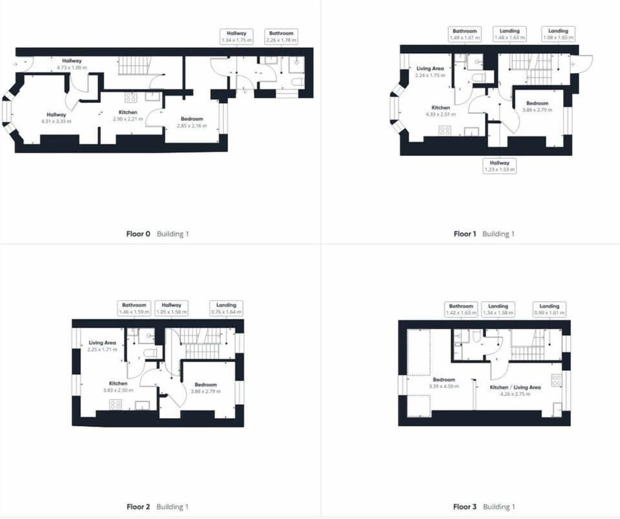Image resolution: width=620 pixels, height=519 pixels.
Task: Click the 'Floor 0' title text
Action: tap(138, 234)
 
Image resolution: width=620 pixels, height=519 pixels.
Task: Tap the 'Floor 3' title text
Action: tap(464, 507)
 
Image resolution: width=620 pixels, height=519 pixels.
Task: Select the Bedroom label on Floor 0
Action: tap(192, 122)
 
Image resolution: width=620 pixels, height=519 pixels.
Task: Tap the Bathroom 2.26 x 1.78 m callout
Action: tap(281, 36)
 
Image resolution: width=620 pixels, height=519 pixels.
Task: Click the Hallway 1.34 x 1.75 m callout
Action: tap(236, 36)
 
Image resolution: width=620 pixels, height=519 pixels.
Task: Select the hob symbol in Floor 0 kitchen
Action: tap(130, 98)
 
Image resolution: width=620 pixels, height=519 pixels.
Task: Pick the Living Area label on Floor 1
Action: tap(429, 71)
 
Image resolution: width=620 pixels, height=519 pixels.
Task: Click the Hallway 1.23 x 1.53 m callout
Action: tap(500, 166)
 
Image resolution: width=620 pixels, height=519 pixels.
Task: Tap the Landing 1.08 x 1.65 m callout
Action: tap(558, 34)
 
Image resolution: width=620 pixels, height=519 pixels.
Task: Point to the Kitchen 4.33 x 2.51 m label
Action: tap(440, 111)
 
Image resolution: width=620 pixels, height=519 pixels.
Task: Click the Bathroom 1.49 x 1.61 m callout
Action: tap(464, 34)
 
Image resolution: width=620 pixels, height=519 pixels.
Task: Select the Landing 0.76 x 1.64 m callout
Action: tap(225, 308)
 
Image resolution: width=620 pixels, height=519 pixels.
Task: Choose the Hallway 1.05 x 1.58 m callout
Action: tap(171, 308)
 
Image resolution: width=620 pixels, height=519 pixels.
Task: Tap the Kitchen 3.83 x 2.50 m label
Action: tap(118, 387)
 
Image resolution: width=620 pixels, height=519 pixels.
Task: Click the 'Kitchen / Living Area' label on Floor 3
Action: tap(515, 390)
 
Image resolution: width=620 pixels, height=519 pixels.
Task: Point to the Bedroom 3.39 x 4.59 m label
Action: tap(444, 383)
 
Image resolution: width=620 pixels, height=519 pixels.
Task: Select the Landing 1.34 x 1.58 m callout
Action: tap(498, 309)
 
